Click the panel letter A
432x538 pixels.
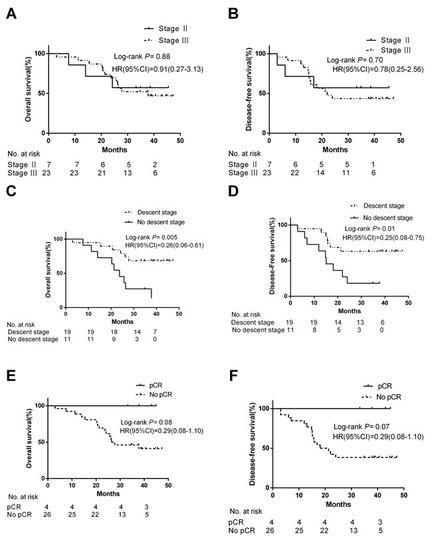pos(11,14)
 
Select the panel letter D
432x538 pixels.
pos(233,191)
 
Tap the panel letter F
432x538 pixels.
pos(233,375)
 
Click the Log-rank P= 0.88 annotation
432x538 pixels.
pos(142,56)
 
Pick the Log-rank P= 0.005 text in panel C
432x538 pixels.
pos(152,237)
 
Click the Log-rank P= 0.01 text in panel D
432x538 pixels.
pos(370,228)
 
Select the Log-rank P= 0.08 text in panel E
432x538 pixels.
pos(146,422)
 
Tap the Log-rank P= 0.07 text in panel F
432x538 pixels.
pos(362,427)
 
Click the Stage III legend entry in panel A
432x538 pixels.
pos(167,40)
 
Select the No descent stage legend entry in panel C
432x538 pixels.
pos(156,222)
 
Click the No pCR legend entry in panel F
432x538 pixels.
pos(382,397)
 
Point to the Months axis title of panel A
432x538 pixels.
pos(114,150)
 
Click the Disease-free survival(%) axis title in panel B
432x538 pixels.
pos(249,89)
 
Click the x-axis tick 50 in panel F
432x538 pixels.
pos(404,495)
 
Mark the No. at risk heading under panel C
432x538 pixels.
pos(21,324)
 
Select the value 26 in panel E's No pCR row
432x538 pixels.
pos(47,514)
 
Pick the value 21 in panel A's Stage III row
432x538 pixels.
pos(102,173)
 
